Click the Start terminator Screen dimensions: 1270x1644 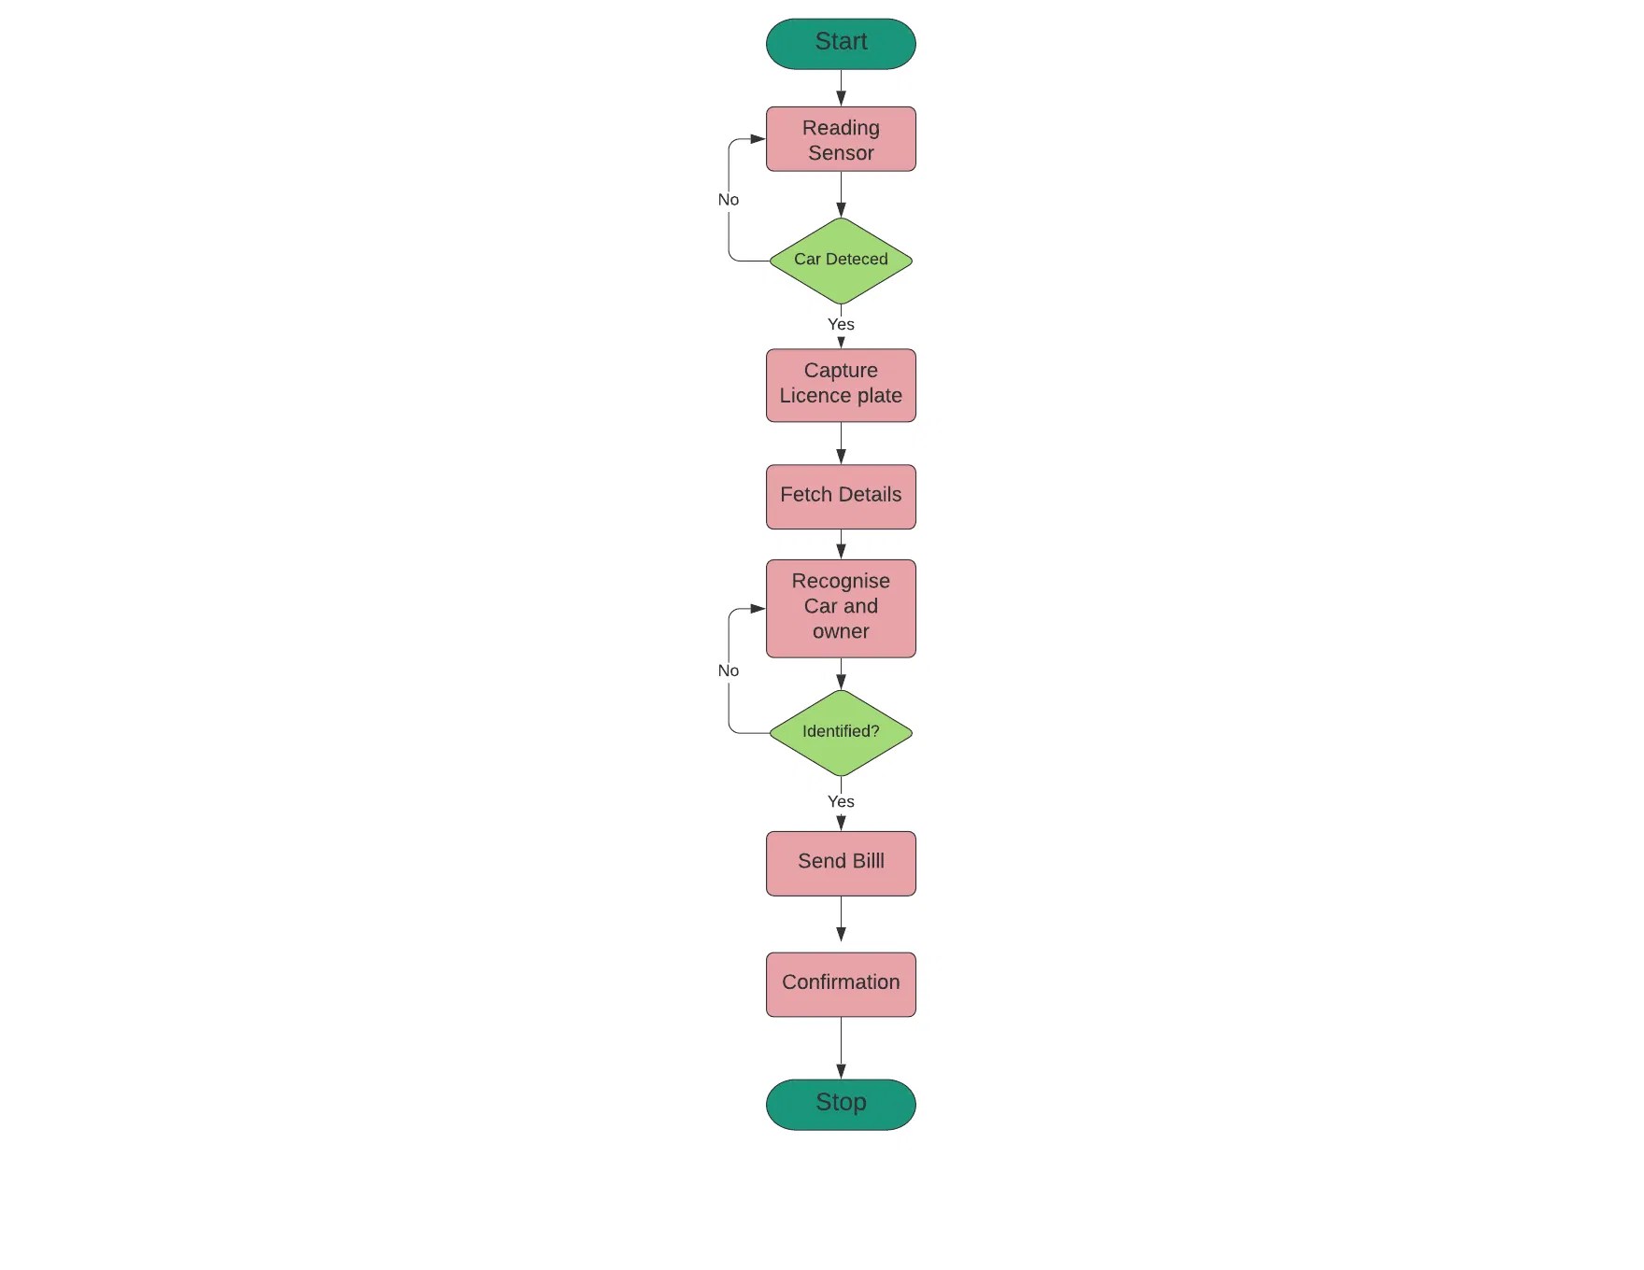(x=841, y=44)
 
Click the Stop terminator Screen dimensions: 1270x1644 (x=841, y=1104)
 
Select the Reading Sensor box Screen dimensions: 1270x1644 (x=841, y=139)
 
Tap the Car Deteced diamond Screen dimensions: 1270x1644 (x=841, y=261)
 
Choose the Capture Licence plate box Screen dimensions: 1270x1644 (x=841, y=385)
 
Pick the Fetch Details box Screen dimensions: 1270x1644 (x=841, y=496)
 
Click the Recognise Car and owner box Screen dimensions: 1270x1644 (x=841, y=608)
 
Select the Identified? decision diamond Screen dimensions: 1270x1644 (x=841, y=732)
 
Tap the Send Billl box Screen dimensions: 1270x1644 (x=841, y=863)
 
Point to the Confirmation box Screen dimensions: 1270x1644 (x=841, y=983)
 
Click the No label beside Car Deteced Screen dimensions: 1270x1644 (x=729, y=200)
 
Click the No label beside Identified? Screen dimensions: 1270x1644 (x=729, y=670)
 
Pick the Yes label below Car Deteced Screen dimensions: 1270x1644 (x=841, y=325)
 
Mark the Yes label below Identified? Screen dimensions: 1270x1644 (x=841, y=802)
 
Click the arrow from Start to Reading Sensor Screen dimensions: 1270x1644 (x=841, y=87)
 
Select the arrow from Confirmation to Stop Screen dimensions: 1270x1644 (x=841, y=1047)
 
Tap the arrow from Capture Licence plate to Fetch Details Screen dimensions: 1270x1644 (x=841, y=443)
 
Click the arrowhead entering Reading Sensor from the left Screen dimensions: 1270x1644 (x=758, y=139)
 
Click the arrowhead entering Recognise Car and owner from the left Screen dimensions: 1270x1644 (x=758, y=609)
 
